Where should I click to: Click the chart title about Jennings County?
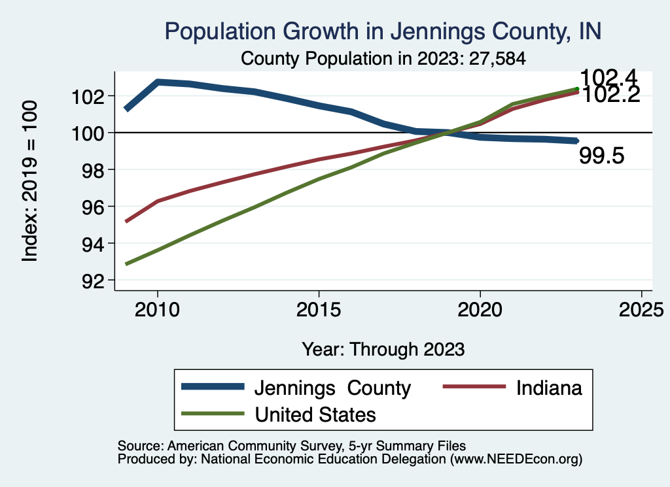(x=383, y=31)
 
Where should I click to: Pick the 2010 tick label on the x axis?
(x=157, y=309)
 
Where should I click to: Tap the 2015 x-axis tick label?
(x=319, y=309)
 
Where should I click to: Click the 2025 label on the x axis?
(x=642, y=309)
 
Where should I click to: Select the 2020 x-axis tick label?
(x=480, y=309)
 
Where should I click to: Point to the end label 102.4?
(x=609, y=77)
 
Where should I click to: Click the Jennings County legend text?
(x=332, y=388)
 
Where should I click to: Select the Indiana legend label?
(x=549, y=388)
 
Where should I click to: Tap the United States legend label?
(x=315, y=414)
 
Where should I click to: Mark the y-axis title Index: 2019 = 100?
(x=30, y=181)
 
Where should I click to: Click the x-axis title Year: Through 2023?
(x=383, y=349)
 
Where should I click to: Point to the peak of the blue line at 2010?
(x=158, y=82)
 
